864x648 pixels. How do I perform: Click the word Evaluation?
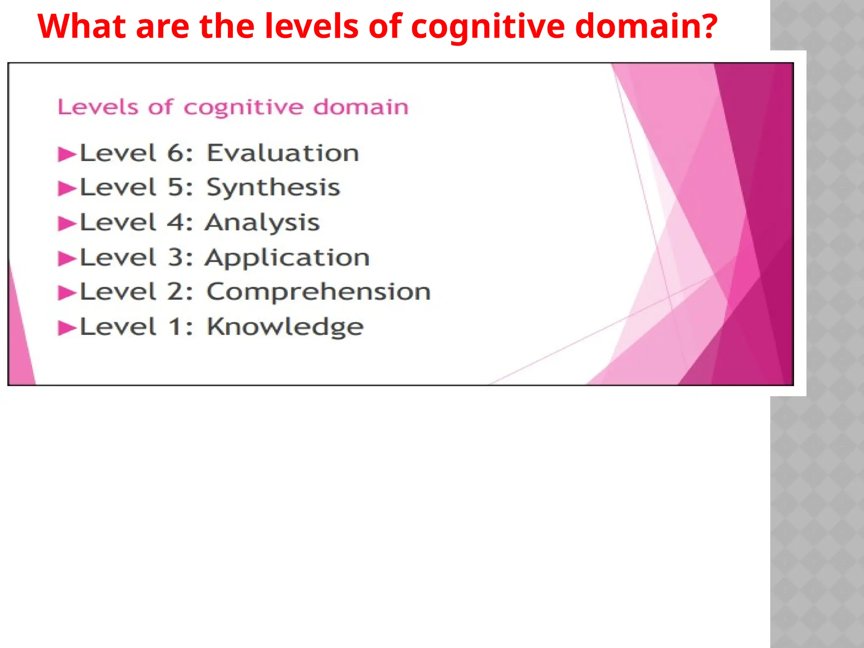283,153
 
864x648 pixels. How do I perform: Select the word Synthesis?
273,187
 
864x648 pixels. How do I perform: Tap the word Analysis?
262,222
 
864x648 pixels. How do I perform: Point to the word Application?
287,257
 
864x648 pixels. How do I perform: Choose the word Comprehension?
319,292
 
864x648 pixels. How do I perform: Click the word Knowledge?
285,327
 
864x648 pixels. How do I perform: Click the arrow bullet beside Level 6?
67,154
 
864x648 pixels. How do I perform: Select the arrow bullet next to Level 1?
67,328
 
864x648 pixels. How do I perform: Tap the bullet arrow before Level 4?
67,224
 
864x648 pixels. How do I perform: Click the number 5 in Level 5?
175,187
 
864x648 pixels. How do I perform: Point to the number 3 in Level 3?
175,257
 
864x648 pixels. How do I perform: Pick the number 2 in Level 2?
175,292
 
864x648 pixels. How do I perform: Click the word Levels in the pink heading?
98,107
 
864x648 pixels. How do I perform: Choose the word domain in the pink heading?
361,107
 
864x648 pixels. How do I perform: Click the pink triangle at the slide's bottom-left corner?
19,346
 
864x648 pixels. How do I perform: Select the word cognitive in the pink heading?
243,107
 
